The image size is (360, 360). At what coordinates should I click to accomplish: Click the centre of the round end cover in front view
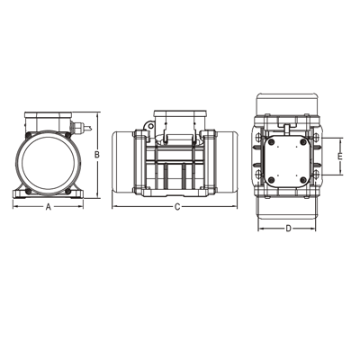click(x=48, y=161)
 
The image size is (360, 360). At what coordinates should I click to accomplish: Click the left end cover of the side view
click(x=124, y=164)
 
